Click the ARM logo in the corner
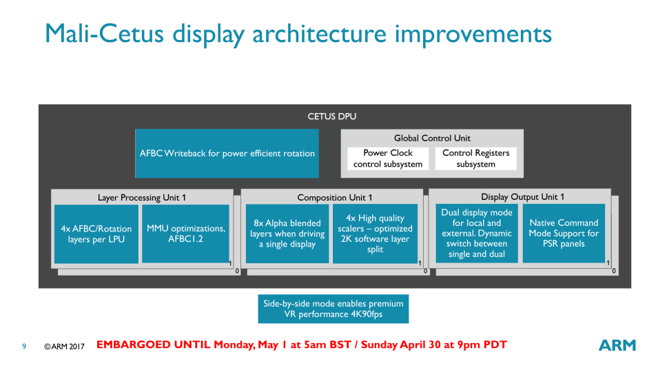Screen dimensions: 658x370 pos(617,345)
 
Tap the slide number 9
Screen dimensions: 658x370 pos(24,347)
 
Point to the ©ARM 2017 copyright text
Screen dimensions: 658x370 pos(64,347)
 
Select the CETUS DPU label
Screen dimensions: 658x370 pos(332,116)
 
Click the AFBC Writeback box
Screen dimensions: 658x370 pos(227,154)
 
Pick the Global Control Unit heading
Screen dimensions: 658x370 pos(432,138)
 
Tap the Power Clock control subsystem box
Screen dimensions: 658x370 pos(388,158)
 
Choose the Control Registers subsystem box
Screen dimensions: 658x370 pos(476,158)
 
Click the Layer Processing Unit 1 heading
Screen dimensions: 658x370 pos(142,198)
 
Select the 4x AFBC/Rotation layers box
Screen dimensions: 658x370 pos(96,234)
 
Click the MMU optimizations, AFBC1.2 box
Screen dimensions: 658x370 pos(185,234)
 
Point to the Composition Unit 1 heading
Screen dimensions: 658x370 pos(334,198)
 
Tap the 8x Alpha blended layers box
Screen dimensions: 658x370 pos(287,234)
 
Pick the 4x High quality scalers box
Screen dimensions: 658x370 pos(375,234)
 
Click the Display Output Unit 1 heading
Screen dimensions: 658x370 pos(522,197)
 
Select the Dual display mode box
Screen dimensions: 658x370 pos(477,234)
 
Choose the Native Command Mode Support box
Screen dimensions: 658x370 pos(564,234)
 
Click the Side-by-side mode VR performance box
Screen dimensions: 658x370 pos(333,309)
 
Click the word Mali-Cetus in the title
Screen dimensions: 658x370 pos(105,34)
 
